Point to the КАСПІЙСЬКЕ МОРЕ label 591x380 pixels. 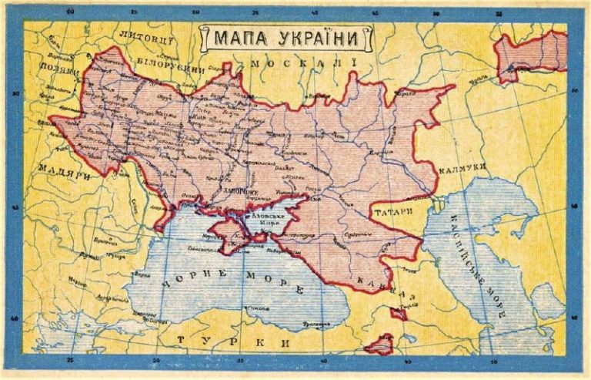pyautogui.click(x=478, y=254)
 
